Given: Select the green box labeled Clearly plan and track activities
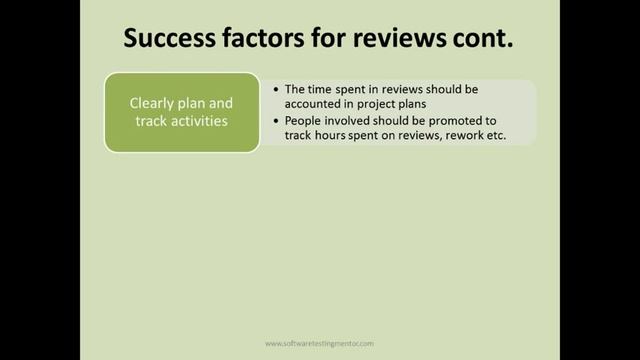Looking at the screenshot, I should pos(181,112).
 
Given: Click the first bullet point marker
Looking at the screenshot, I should pos(275,89).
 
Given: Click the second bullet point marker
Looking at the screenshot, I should pos(275,120).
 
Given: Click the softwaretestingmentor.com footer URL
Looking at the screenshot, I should pos(320,342).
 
